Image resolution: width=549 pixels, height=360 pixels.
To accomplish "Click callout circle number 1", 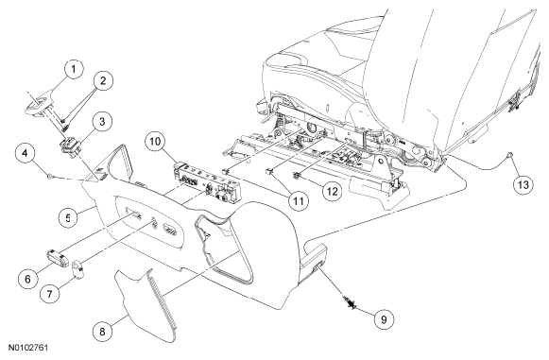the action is pos(73,70).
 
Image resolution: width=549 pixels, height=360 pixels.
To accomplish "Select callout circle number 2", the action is pos(103,81).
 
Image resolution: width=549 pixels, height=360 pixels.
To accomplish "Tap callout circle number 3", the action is pos(102,122).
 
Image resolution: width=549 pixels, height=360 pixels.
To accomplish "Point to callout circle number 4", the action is pos(26,154).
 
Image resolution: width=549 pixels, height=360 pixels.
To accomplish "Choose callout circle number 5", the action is pos(68,217).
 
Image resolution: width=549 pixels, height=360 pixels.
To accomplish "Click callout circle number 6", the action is pos(27,279).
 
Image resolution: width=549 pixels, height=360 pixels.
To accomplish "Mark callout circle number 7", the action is pos(50,294).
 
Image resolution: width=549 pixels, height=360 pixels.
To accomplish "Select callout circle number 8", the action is pos(102,332).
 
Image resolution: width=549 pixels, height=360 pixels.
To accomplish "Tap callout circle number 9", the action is pos(384,319).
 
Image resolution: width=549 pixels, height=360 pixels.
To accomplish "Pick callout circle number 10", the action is pos(155,142).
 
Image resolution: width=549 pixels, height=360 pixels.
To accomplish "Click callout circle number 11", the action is pos(299,201).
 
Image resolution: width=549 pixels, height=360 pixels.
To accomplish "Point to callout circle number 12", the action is pos(332,191).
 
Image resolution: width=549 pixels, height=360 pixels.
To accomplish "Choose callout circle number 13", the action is pos(523,184).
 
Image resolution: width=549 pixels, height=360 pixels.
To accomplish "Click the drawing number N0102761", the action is pos(28,348).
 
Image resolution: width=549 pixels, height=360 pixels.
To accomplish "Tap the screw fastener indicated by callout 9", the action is pos(351,302).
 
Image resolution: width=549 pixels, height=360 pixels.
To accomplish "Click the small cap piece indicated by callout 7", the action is pos(77,267).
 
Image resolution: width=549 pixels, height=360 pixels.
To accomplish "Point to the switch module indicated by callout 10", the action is pos(207,183).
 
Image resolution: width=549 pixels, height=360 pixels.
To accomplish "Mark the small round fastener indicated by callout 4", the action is pos(51,176).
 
